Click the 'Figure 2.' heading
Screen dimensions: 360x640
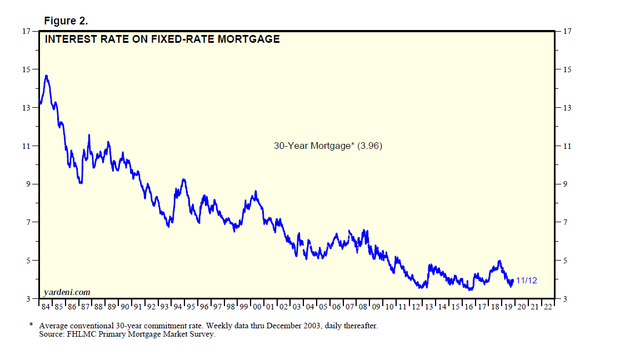coord(66,21)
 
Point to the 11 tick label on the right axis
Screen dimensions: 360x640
coord(567,146)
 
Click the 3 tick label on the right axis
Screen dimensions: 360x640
coord(565,299)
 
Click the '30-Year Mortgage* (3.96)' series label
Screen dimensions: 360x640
coord(328,146)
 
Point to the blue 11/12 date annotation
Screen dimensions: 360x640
coord(526,281)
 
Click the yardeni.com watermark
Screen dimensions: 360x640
coord(66,292)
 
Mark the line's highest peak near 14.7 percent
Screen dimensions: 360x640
coord(47,76)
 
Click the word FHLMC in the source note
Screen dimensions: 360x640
coord(83,334)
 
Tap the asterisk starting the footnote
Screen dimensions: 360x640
coord(31,325)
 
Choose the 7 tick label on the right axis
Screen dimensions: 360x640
coord(565,223)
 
